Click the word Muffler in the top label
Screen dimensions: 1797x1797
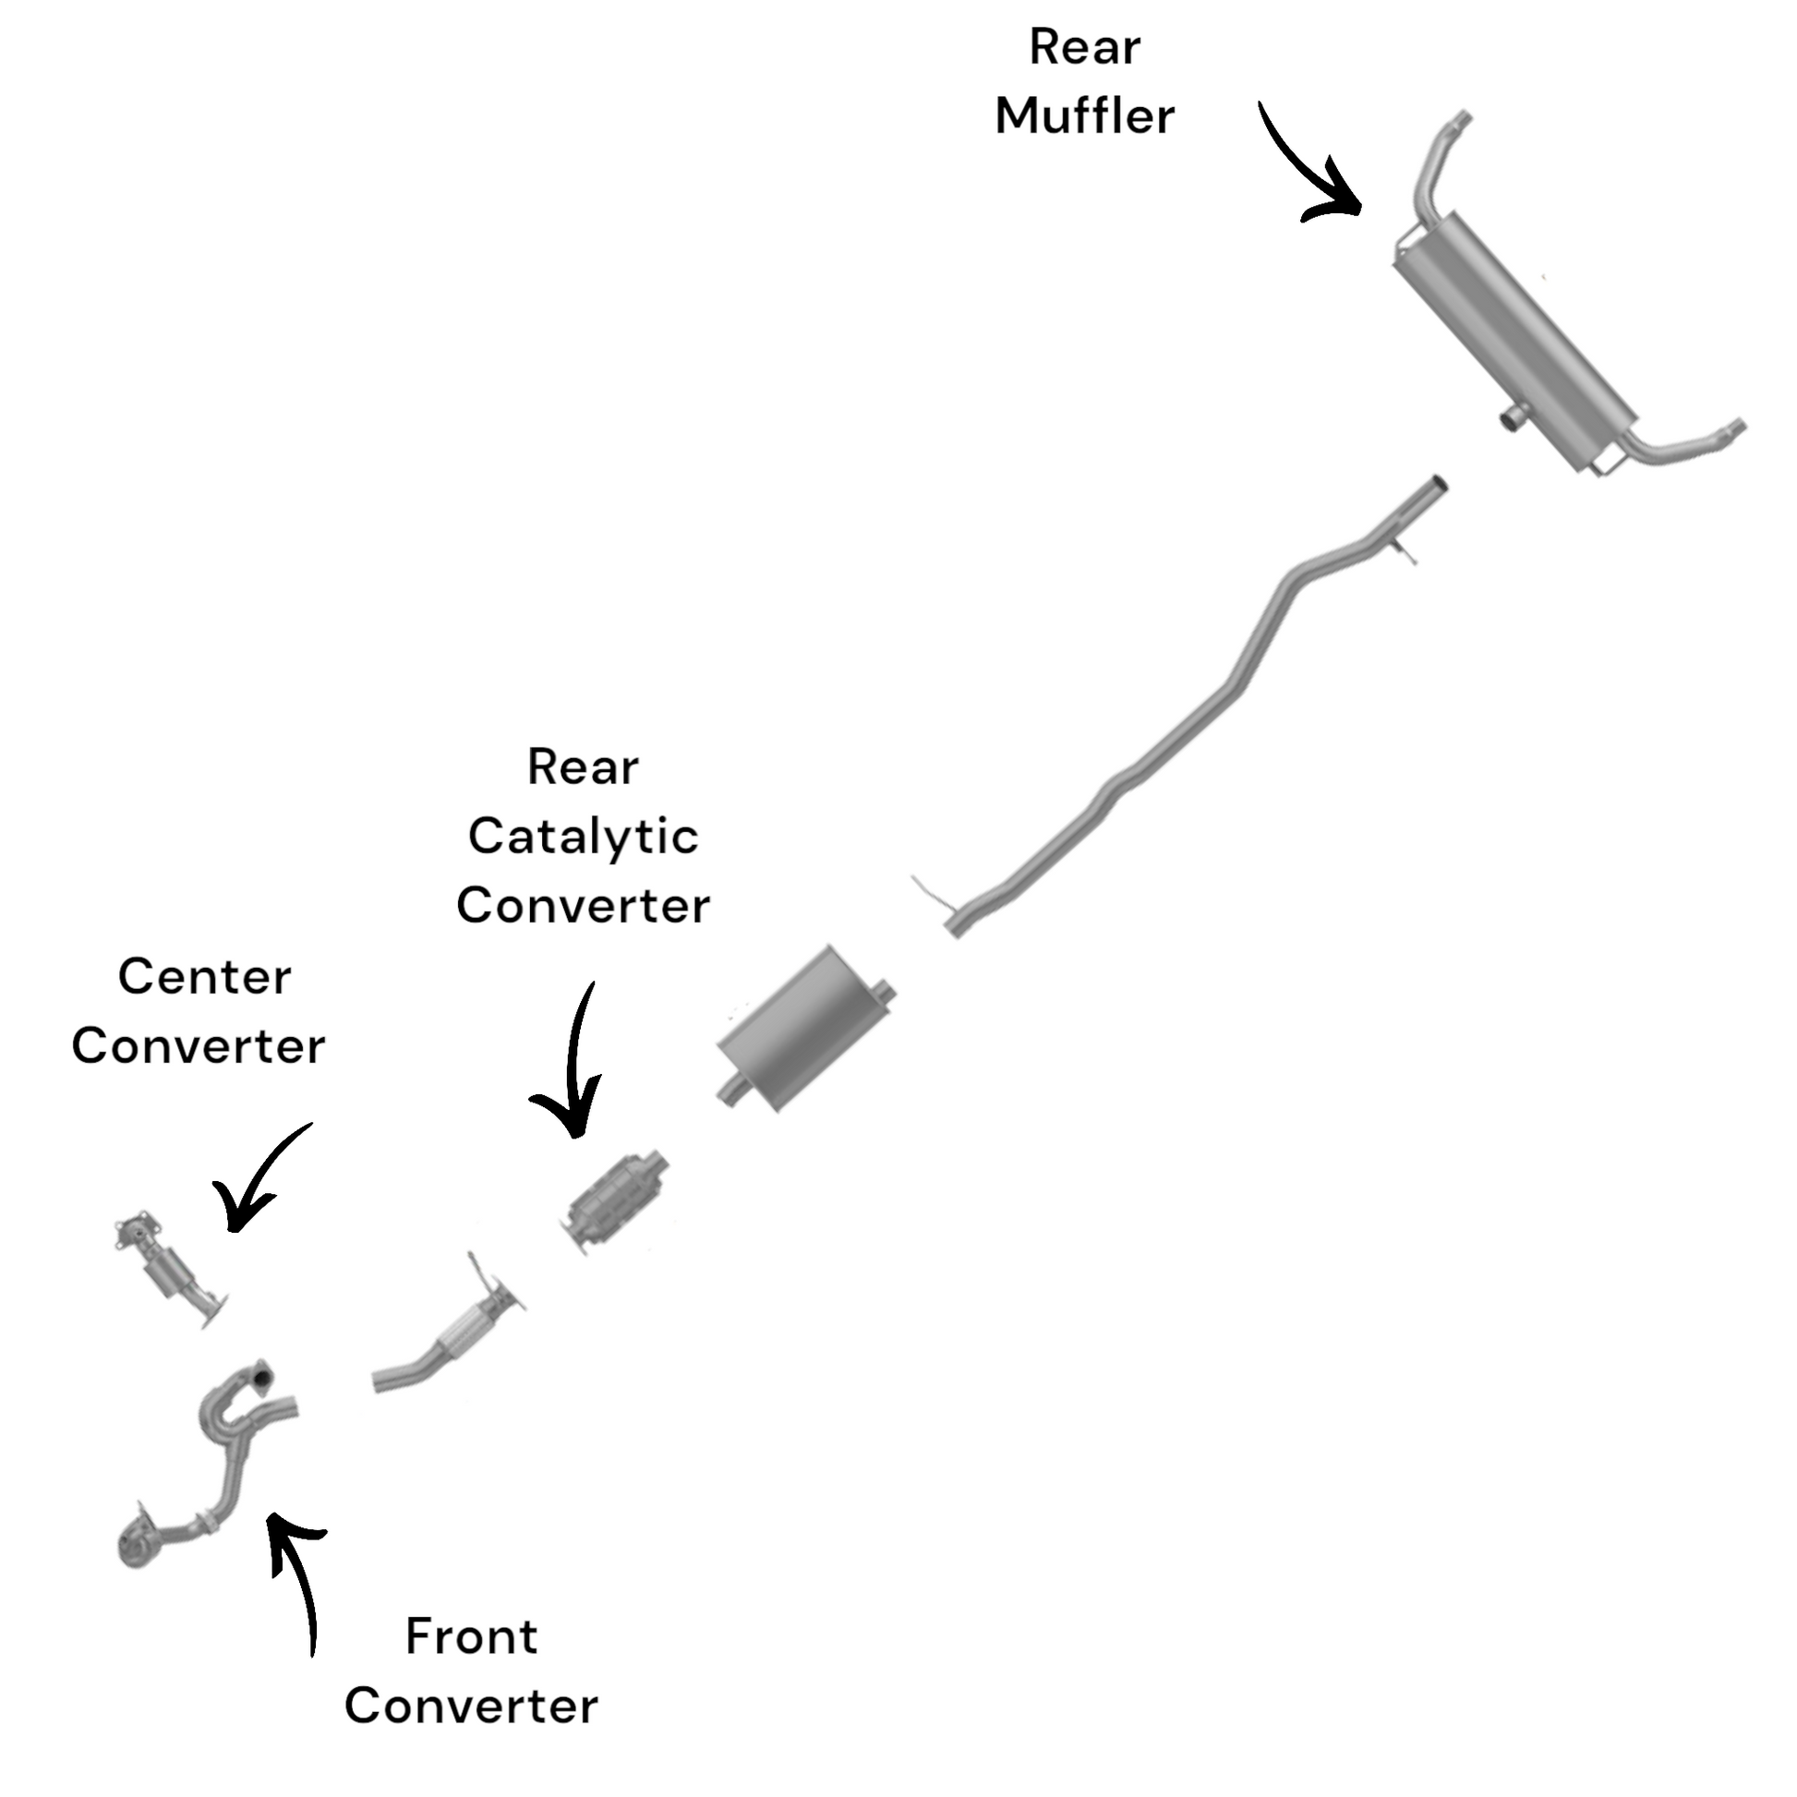coord(1084,117)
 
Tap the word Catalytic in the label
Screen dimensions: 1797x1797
coord(584,837)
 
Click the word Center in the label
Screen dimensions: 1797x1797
coord(205,978)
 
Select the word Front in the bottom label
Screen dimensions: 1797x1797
coord(472,1636)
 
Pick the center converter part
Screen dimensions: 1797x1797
coord(167,1266)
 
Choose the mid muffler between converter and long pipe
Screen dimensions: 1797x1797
coord(805,1029)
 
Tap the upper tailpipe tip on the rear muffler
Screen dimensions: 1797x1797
coord(1461,120)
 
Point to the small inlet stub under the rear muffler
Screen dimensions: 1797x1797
coord(1511,419)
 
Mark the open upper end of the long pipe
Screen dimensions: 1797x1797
coord(1436,485)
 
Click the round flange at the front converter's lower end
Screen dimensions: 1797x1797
coord(138,1545)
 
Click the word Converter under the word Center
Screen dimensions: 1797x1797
coord(199,1047)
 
